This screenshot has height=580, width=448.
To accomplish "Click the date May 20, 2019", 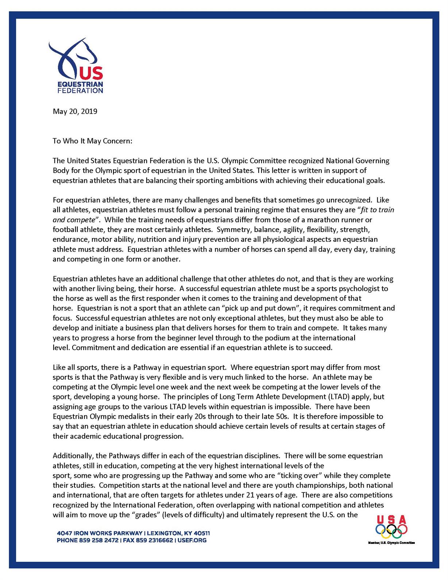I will (x=75, y=111).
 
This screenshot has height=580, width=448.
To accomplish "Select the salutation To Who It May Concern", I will (x=92, y=141).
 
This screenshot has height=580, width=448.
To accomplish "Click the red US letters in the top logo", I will (x=91, y=74).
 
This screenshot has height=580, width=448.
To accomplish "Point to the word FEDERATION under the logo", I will (x=80, y=90).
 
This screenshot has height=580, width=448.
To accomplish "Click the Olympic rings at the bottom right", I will (x=391, y=531).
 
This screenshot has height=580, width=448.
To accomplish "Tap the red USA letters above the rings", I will (x=391, y=519).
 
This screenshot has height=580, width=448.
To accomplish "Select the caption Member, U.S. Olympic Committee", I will (x=391, y=543).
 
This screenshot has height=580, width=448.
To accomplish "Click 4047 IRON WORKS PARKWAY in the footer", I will (x=100, y=533).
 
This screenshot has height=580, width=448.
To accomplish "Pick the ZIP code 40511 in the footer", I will (x=201, y=533).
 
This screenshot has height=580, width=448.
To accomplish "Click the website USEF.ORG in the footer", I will (x=192, y=540).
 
